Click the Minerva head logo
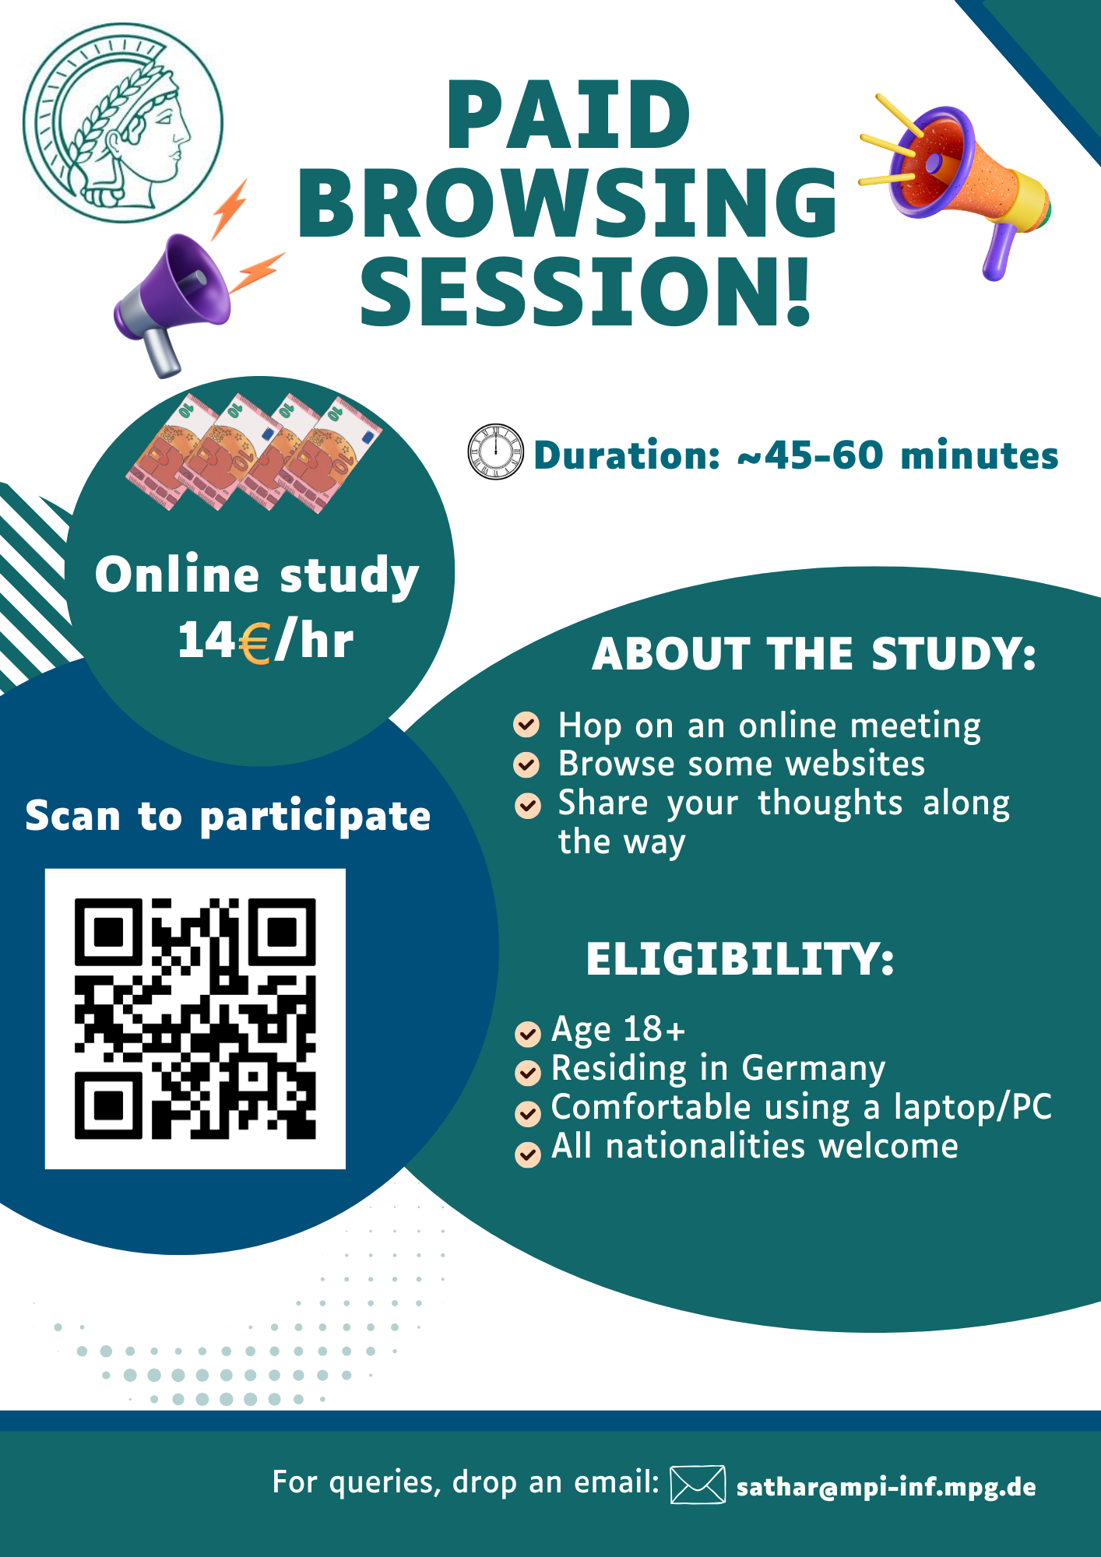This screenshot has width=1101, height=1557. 123,122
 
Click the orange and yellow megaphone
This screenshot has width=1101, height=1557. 955,185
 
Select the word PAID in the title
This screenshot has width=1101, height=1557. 568,114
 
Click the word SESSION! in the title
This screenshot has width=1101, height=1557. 585,291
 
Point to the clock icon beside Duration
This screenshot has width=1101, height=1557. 495,452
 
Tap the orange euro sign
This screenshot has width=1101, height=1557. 255,643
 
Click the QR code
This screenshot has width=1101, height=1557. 195,1018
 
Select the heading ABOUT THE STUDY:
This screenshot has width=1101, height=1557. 814,653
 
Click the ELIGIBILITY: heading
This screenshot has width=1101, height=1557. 740,958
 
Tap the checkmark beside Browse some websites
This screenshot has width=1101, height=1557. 527,764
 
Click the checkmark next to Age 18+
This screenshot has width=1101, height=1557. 528,1033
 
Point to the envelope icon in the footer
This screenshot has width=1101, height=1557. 698,1484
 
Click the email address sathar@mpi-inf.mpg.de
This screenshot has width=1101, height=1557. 886,1487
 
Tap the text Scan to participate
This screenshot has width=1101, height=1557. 227,817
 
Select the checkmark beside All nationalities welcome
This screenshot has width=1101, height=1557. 528,1154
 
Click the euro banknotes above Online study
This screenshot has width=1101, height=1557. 255,453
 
